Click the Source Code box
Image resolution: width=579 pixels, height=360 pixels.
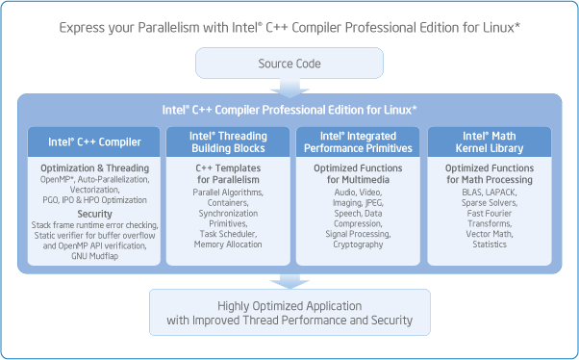point(289,64)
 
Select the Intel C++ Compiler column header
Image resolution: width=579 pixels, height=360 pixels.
point(94,142)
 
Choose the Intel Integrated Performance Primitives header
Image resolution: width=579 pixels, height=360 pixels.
point(357,142)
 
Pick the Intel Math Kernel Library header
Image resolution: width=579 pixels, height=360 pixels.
point(490,142)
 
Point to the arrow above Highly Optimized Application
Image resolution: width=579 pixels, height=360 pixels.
point(289,280)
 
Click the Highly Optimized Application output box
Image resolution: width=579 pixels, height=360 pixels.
point(289,313)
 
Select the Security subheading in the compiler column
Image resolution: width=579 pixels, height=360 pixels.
point(94,213)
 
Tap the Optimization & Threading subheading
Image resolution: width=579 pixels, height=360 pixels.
point(94,167)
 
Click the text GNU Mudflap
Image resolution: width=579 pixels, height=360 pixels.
point(94,257)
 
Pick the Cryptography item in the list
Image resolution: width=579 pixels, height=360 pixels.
point(357,245)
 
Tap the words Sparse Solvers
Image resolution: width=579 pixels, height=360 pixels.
point(490,201)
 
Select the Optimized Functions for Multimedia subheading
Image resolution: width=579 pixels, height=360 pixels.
point(357,173)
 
